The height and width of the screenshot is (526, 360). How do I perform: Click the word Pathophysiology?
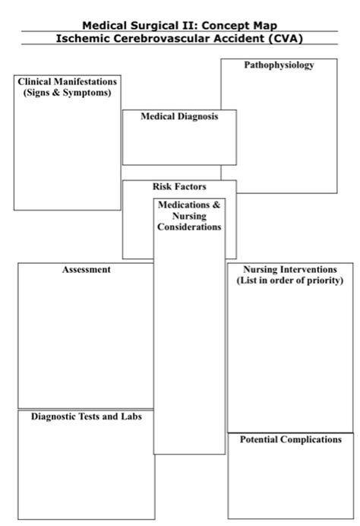click(x=279, y=66)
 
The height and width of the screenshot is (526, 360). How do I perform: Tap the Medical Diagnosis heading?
click(x=179, y=117)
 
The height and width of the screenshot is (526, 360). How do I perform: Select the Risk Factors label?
click(x=179, y=186)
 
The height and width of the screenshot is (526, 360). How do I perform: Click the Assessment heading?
click(x=87, y=270)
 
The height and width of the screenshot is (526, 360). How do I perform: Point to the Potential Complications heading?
click(x=290, y=440)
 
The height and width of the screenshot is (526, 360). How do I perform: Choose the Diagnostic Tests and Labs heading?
click(x=87, y=417)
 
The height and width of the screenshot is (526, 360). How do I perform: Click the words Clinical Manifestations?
click(x=68, y=81)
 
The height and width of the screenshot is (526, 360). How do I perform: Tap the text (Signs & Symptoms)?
click(x=68, y=93)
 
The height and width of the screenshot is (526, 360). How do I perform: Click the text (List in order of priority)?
click(x=289, y=280)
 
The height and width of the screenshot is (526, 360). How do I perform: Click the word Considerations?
click(x=190, y=227)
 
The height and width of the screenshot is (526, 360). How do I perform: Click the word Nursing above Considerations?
click(x=189, y=217)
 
